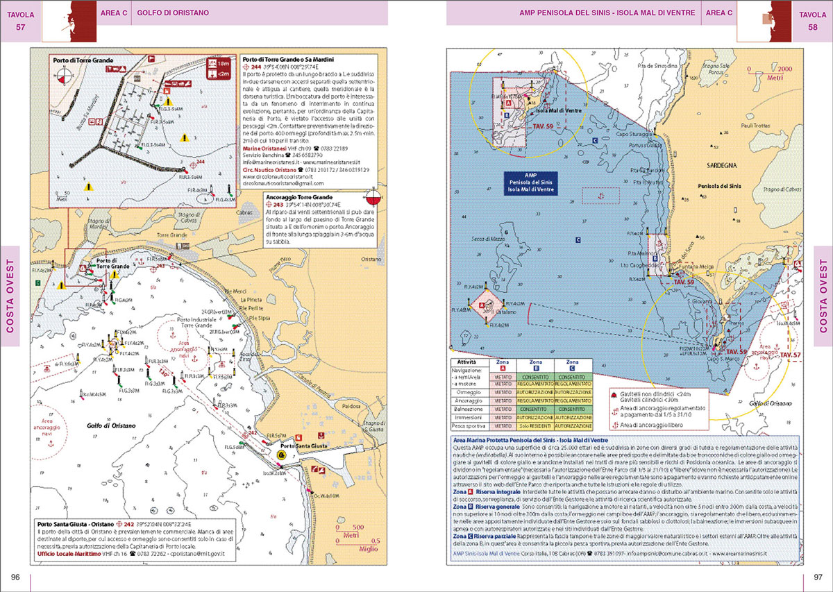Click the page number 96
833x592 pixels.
[15, 577]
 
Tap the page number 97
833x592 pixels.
[818, 577]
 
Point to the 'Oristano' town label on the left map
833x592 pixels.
[362, 260]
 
